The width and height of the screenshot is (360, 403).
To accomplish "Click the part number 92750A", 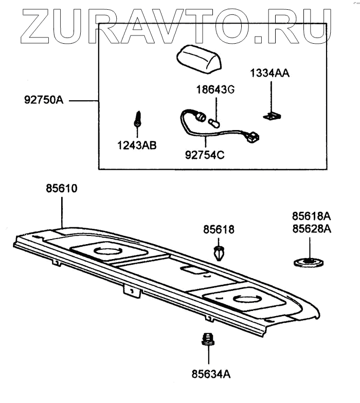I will pos(44,100).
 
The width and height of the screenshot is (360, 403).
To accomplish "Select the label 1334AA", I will pos(269,73).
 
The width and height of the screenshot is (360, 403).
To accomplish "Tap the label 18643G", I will pos(214,91).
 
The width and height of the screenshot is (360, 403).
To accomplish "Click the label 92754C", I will pos(205,152).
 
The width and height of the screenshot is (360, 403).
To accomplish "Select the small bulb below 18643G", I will pos(214,123).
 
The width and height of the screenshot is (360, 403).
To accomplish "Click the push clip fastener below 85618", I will pos(219,252).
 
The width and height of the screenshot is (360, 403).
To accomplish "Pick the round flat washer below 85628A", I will pos(309,263).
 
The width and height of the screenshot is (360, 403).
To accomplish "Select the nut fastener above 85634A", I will pos(207,339).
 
